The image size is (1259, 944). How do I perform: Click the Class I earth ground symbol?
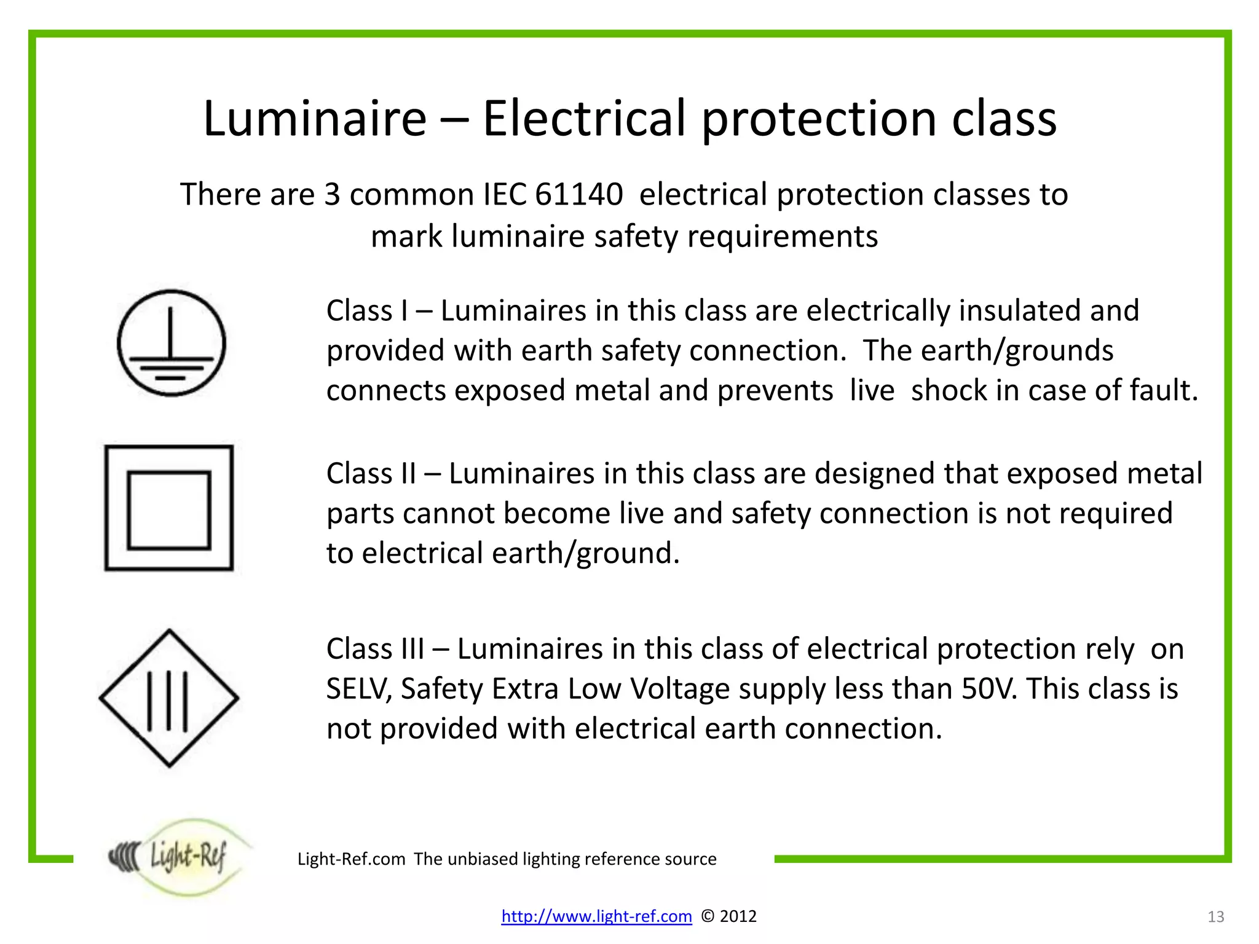click(172, 343)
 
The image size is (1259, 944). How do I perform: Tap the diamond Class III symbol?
click(169, 698)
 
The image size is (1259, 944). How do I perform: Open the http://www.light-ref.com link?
click(596, 916)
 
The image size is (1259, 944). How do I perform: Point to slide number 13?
click(1215, 917)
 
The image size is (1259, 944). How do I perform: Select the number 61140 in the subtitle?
click(578, 194)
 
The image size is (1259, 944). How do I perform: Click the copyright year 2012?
click(738, 916)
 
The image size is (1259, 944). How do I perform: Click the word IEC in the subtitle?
click(505, 194)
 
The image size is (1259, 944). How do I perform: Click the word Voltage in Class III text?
click(680, 689)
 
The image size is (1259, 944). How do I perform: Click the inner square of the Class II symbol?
click(169, 510)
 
